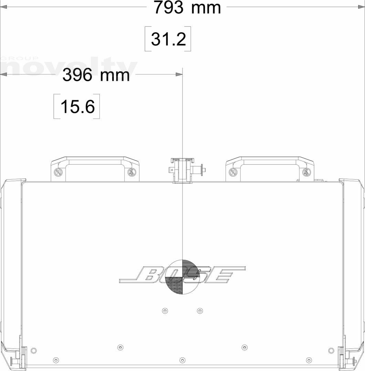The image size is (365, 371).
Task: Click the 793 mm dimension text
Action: [187, 8]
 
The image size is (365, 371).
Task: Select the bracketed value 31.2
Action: [168, 39]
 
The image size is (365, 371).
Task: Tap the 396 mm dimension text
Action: [96, 75]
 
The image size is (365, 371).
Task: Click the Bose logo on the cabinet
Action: [182, 274]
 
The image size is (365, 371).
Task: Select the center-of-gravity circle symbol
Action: [182, 277]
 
